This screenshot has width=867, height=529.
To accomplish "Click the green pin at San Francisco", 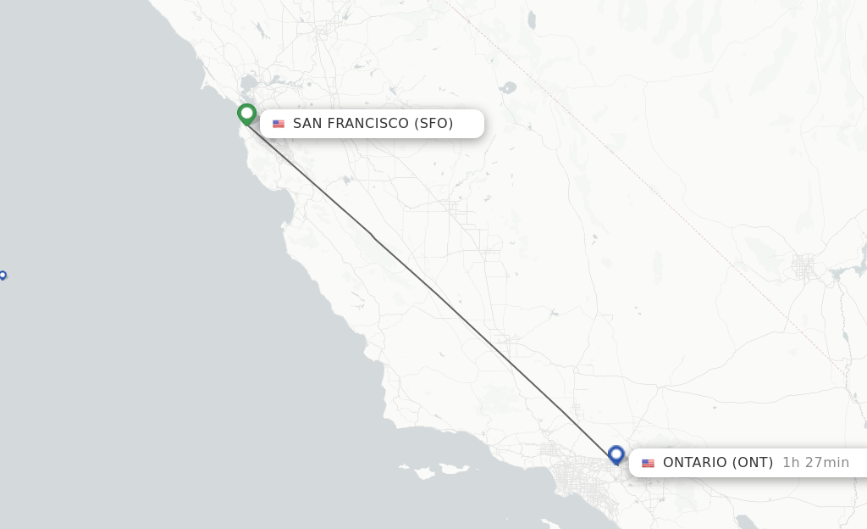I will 246,114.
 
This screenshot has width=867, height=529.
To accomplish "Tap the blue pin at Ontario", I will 616,455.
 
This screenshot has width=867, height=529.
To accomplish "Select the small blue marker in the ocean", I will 3,275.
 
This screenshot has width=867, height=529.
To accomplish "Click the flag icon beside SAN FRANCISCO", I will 279,124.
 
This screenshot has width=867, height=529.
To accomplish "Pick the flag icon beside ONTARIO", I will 648,463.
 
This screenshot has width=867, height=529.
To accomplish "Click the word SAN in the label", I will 308,124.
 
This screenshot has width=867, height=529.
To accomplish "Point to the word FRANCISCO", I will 368,124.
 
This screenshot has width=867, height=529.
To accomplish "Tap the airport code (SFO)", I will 434,124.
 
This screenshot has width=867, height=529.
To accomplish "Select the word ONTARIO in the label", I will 694,463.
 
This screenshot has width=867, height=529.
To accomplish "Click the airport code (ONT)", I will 753,463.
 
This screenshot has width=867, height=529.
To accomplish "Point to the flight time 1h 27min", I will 815,463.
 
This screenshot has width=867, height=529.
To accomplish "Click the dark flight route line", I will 432,288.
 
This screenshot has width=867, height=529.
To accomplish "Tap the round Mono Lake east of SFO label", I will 508,86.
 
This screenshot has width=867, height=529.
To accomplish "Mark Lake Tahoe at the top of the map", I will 531,19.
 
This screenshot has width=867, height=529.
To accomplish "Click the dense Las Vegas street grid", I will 803,267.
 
